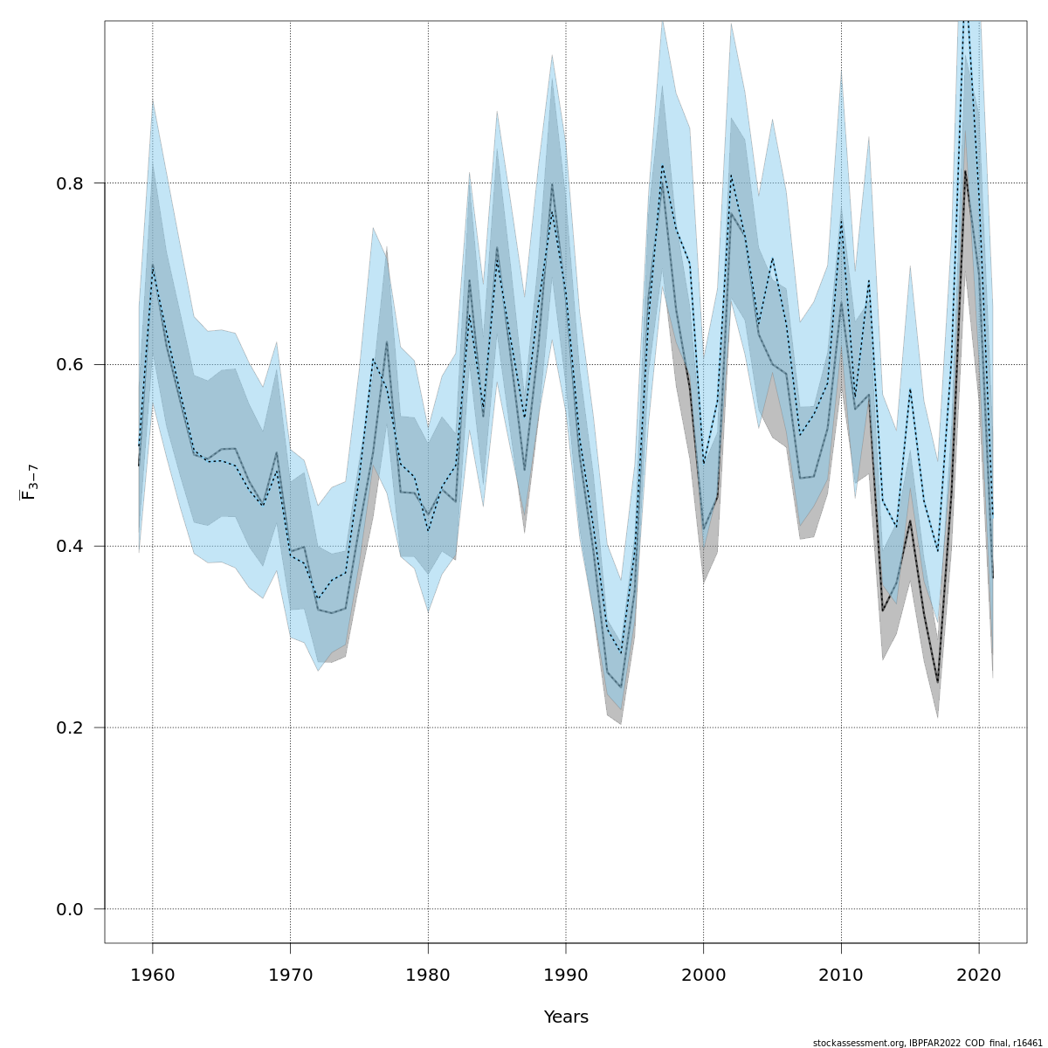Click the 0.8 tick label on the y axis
[69, 183]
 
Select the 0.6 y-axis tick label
[69, 365]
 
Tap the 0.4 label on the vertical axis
[69, 547]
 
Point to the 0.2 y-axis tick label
[69, 728]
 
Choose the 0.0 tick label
[69, 910]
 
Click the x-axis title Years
[566, 1017]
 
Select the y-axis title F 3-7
[28, 482]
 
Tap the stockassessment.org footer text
[927, 1043]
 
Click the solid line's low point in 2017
[938, 682]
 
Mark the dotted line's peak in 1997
[662, 165]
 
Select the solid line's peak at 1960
[153, 265]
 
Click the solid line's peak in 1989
[552, 184]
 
